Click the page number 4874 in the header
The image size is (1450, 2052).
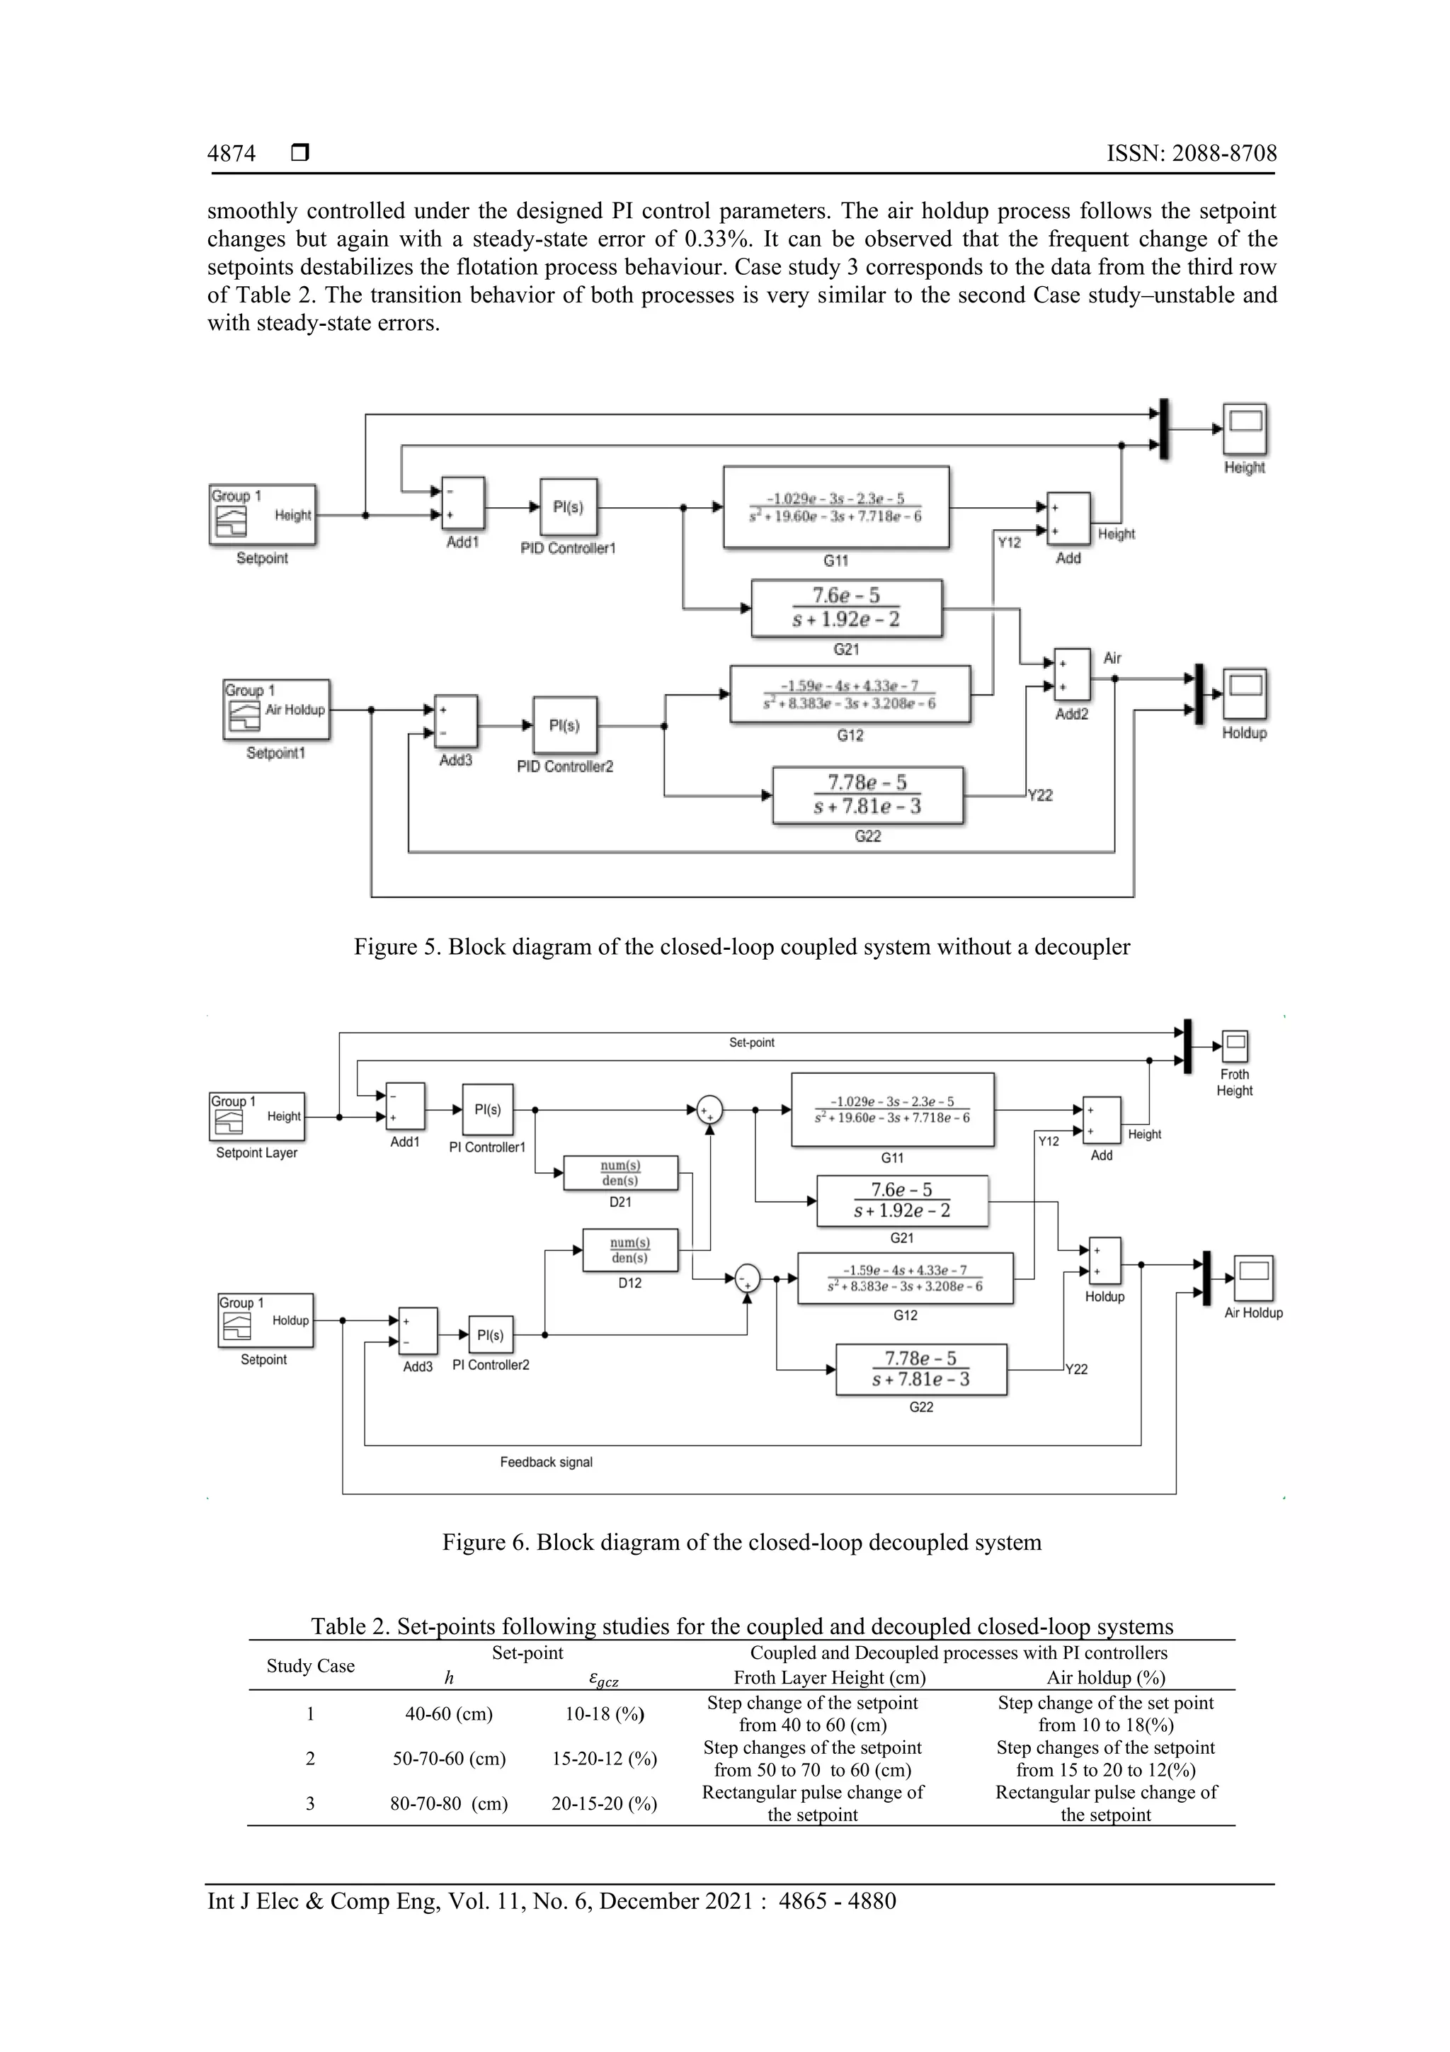click(232, 154)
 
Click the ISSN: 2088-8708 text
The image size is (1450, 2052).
click(1191, 154)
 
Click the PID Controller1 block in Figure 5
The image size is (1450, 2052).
click(569, 506)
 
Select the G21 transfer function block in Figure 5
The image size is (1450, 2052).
click(846, 608)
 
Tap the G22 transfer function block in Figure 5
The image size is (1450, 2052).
click(867, 795)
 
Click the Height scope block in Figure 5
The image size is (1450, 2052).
click(1245, 429)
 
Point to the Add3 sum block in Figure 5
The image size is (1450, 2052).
click(456, 721)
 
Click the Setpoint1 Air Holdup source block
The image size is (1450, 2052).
click(276, 710)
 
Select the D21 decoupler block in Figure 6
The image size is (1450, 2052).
click(620, 1172)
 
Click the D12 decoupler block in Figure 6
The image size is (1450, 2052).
click(630, 1249)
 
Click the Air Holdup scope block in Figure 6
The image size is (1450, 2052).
click(1253, 1279)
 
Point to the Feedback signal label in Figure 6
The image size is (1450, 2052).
click(546, 1462)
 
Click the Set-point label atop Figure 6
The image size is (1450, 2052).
click(751, 1042)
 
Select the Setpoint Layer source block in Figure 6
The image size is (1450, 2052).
click(256, 1116)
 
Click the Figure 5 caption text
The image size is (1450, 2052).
click(741, 946)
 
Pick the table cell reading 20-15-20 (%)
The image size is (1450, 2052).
click(604, 1803)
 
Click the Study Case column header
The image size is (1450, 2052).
click(310, 1665)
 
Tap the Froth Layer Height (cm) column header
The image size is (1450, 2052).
click(829, 1677)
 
